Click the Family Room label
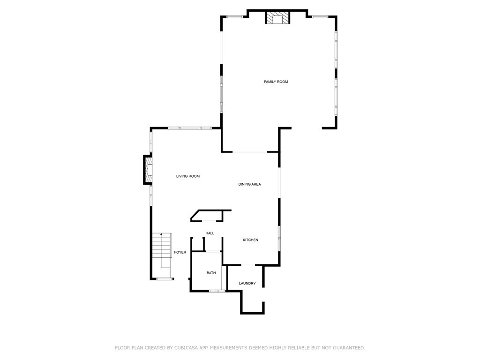click(x=276, y=82)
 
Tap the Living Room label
click(x=188, y=177)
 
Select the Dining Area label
click(x=249, y=185)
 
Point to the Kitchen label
click(x=250, y=240)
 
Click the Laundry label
click(x=247, y=284)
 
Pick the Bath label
click(x=211, y=273)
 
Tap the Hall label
click(x=210, y=233)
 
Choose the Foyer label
click(x=180, y=253)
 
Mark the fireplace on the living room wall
click(x=148, y=169)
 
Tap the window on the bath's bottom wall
click(x=217, y=291)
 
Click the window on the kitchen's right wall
click(x=279, y=239)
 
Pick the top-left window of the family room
click(x=235, y=17)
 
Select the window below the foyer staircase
click(x=164, y=279)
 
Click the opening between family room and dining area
click(x=250, y=152)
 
